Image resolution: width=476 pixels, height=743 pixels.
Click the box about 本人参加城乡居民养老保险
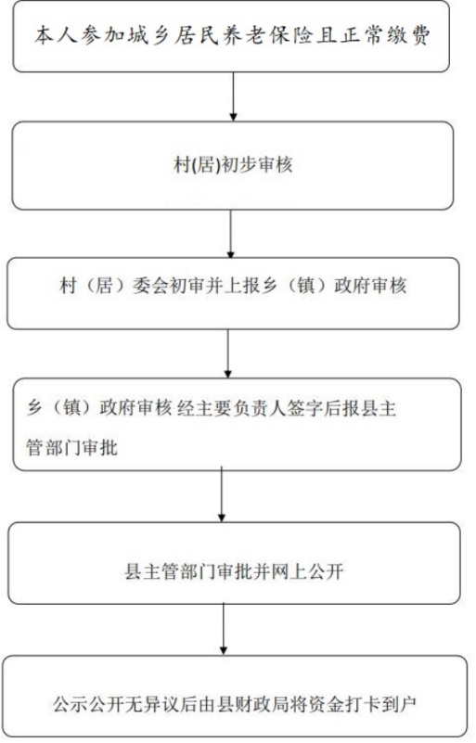231,36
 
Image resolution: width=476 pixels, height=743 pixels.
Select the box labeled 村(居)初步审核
232,165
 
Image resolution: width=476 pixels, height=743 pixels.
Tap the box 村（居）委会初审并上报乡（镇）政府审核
233,293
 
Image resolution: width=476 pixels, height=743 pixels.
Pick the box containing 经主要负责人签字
237,425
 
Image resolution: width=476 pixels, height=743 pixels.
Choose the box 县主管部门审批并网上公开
234,563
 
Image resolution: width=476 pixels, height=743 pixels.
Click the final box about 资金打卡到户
235,696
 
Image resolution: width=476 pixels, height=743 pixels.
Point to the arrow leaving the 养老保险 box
233,96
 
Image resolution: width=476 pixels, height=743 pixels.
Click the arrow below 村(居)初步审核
231,234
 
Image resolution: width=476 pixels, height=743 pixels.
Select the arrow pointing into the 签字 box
227,354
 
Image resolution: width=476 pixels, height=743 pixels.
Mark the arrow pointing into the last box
224,630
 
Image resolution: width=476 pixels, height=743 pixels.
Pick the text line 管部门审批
71,447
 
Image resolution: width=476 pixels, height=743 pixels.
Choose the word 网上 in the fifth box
289,572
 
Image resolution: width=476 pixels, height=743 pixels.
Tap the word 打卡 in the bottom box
362,704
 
